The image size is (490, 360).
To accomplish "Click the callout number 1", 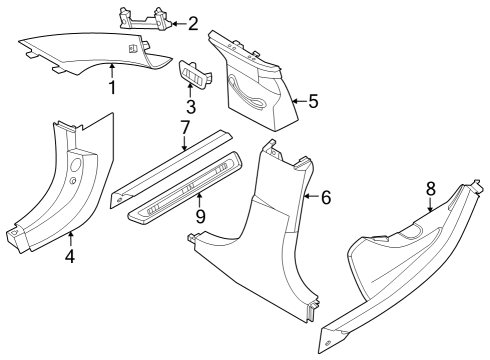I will tap(112, 87).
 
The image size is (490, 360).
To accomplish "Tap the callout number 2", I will tap(192, 22).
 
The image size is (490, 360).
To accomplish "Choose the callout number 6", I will tap(325, 198).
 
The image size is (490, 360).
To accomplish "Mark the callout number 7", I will tap(184, 128).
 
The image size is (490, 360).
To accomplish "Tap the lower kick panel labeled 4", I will tap(60, 190).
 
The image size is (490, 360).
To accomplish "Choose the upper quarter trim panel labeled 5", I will tap(255, 80).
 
